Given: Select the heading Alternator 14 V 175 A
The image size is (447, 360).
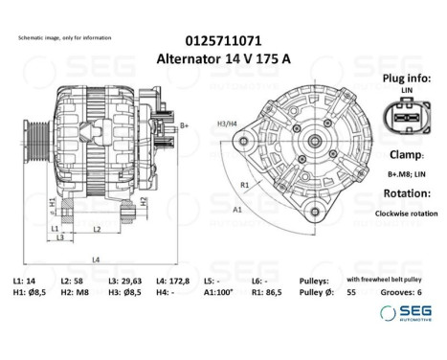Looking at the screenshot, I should [x=224, y=57].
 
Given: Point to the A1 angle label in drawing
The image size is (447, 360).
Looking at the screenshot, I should [x=237, y=208].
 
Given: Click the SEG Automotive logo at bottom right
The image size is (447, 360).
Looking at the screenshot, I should [x=408, y=314].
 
